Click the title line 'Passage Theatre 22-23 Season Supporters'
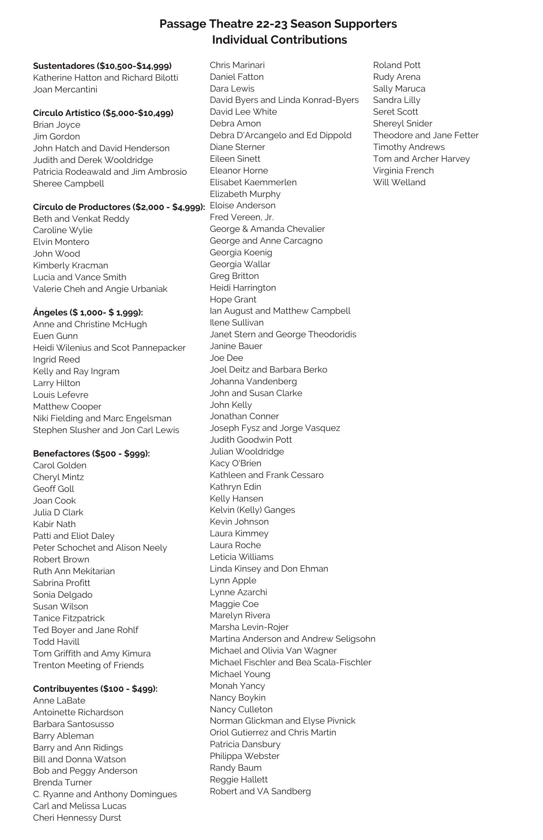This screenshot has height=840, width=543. (278, 24)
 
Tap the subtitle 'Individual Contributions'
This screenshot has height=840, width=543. (279, 40)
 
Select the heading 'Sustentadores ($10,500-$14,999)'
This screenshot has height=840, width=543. (102, 66)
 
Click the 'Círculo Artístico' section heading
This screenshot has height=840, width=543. (103, 113)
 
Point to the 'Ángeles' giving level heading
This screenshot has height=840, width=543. (88, 312)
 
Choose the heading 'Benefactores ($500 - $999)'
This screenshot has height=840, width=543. (91, 454)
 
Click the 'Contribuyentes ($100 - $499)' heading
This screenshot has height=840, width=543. (95, 689)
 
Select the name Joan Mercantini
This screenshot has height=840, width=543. (65, 89)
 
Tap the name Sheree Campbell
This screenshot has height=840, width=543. (68, 184)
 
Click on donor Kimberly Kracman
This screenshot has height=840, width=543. (70, 265)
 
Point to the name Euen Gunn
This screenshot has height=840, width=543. (55, 336)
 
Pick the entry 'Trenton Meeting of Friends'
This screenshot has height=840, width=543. (88, 665)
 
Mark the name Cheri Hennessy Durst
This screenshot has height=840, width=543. (77, 818)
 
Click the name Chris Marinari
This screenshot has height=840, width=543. (237, 65)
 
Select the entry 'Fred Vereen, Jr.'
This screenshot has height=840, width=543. (242, 217)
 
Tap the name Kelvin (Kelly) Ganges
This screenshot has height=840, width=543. (252, 510)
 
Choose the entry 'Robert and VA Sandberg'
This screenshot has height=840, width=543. (260, 791)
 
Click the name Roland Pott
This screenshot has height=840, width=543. (397, 65)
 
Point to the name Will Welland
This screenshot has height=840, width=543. (399, 182)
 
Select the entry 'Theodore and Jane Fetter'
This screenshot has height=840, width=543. (426, 135)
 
